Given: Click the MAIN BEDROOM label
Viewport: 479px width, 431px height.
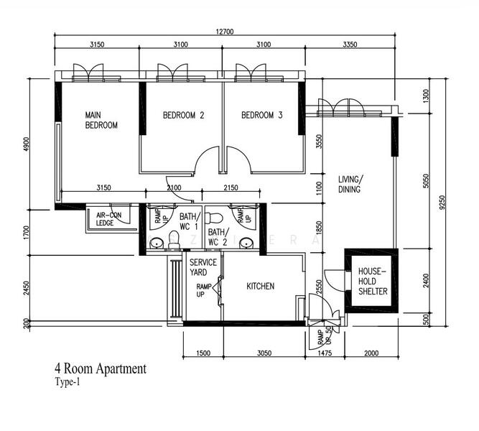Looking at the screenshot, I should click(101, 119).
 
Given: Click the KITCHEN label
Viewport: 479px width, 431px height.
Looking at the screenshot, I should click(260, 286).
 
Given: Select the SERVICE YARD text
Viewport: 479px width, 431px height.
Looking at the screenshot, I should click(203, 267).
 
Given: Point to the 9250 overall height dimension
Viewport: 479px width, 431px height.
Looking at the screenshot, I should click(450, 203).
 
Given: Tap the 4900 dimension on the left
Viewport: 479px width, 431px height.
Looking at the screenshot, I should click(27, 143).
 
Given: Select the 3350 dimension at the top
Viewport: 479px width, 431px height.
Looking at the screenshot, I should click(350, 45).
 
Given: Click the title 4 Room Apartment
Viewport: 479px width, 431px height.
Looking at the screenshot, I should click(100, 369).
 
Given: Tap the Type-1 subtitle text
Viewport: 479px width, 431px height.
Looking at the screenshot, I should click(69, 383).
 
